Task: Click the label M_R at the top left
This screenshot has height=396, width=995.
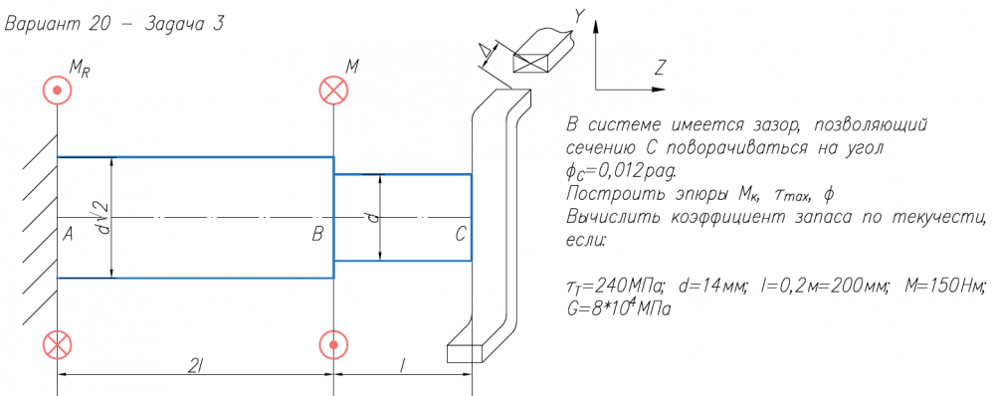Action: pos(81,70)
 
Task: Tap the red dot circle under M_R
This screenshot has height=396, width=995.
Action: pos(57,90)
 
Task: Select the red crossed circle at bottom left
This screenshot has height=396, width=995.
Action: pos(57,345)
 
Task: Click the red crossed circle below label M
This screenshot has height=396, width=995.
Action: pos(333,90)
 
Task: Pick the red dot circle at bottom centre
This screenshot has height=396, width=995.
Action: pos(333,345)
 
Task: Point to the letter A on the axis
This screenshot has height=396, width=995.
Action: pos(68,235)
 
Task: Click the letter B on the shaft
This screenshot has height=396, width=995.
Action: pos(318,235)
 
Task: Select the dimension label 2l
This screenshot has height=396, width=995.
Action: pos(195,365)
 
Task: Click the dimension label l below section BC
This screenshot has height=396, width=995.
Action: pos(402,365)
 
